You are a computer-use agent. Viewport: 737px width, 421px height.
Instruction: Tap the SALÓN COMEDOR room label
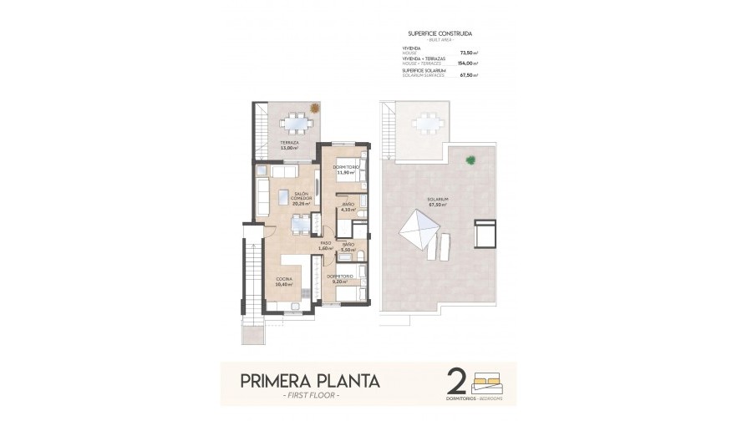pos(302,198)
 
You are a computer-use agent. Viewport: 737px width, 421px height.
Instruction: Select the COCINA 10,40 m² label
pos(283,282)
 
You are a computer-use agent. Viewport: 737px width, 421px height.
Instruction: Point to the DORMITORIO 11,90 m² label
pos(345,170)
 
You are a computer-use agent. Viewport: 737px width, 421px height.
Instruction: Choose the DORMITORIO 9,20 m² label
pos(339,278)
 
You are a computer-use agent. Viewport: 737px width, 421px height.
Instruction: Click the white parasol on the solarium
pos(415,226)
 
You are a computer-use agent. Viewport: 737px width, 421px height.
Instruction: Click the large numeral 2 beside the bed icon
pos(456,380)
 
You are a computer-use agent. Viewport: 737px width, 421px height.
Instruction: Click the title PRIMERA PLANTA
pos(310,381)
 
